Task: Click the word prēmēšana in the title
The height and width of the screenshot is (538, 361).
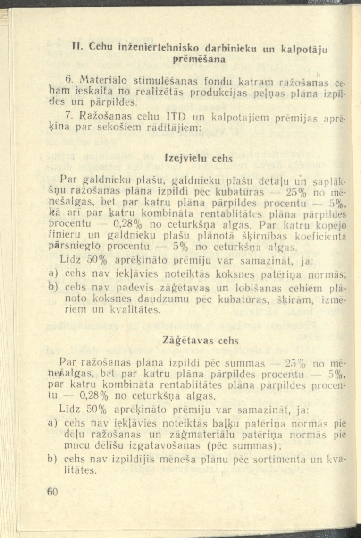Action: (x=191, y=60)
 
